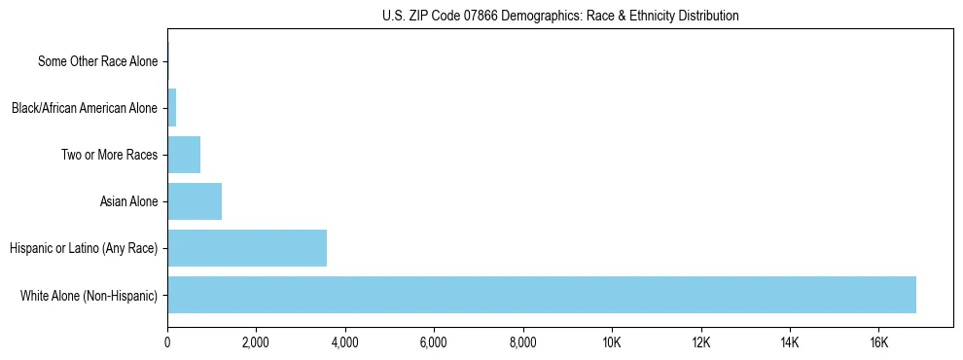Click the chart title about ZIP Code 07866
pyautogui.click(x=560, y=16)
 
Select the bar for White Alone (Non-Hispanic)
pyautogui.click(x=541, y=295)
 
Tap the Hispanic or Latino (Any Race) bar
pyautogui.click(x=247, y=248)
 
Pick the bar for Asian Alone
pyautogui.click(x=195, y=201)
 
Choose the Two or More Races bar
pyautogui.click(x=184, y=155)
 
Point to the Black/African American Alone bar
pyautogui.click(x=172, y=108)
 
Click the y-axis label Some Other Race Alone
pyautogui.click(x=97, y=61)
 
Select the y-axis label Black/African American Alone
pyautogui.click(x=85, y=108)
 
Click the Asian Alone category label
pyautogui.click(x=128, y=201)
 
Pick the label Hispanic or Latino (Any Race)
pyautogui.click(x=84, y=248)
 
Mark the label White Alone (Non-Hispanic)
pyautogui.click(x=89, y=295)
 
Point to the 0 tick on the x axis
pyautogui.click(x=167, y=342)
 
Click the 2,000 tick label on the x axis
pyautogui.click(x=256, y=342)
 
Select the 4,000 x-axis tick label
pyautogui.click(x=345, y=342)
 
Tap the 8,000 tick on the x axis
pyautogui.click(x=523, y=342)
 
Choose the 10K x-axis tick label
pyautogui.click(x=612, y=342)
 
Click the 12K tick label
pyautogui.click(x=700, y=342)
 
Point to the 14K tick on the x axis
pyautogui.click(x=790, y=342)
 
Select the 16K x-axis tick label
pyautogui.click(x=878, y=342)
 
